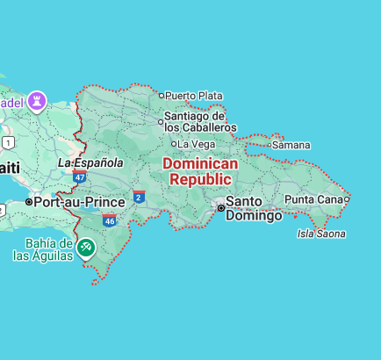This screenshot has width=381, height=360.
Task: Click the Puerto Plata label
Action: (193, 95)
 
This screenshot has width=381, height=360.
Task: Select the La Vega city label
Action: (198, 144)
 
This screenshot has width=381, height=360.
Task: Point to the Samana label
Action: (291, 145)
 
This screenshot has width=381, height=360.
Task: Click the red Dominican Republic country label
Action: (200, 172)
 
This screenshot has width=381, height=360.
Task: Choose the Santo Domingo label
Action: (254, 208)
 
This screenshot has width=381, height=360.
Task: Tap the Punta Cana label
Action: (313, 199)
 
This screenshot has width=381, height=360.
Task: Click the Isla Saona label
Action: (321, 234)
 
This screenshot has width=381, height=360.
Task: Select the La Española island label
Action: (90, 163)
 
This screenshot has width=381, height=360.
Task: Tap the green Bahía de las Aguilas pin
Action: (86, 248)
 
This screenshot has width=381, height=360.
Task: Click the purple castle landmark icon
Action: (38, 102)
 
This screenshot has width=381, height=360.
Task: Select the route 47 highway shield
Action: (80, 177)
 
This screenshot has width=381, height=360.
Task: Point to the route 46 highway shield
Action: (109, 220)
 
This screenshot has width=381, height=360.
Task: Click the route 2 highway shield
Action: (139, 197)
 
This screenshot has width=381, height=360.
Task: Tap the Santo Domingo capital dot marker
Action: (220, 208)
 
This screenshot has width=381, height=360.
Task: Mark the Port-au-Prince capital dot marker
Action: (29, 202)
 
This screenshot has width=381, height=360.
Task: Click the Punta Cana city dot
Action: (347, 199)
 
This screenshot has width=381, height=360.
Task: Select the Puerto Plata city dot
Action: (162, 95)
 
